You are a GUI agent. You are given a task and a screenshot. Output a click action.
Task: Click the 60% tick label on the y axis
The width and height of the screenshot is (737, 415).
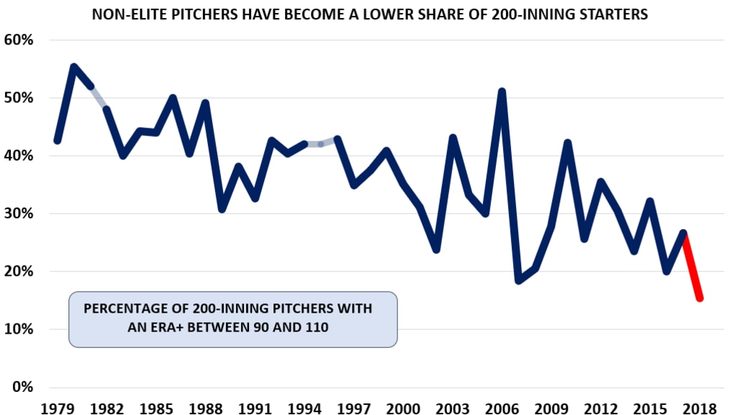tap(19, 40)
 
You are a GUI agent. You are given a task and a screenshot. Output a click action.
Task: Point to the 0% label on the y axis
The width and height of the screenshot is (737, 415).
tap(23, 387)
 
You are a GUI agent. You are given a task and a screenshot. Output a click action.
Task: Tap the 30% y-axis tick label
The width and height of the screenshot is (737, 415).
tap(19, 214)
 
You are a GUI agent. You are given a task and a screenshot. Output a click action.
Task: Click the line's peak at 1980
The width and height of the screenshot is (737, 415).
tap(74, 67)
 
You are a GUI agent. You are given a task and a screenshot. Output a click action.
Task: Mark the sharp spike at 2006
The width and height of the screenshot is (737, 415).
tap(502, 92)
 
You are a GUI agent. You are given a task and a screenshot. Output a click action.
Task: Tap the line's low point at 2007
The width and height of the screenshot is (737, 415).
tap(518, 280)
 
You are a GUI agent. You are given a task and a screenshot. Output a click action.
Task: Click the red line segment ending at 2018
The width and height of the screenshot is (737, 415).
tap(692, 267)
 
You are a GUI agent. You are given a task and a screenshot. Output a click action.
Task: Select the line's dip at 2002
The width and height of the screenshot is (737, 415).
tap(436, 249)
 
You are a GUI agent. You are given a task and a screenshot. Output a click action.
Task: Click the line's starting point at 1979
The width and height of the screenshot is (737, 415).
tap(58, 140)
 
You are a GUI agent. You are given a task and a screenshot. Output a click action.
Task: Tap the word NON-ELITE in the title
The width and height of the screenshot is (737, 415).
tap(125, 14)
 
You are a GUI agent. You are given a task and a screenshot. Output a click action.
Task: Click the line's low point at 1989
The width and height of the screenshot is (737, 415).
tap(222, 209)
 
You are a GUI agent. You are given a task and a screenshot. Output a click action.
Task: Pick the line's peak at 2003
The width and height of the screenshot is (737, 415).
tap(453, 138)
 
